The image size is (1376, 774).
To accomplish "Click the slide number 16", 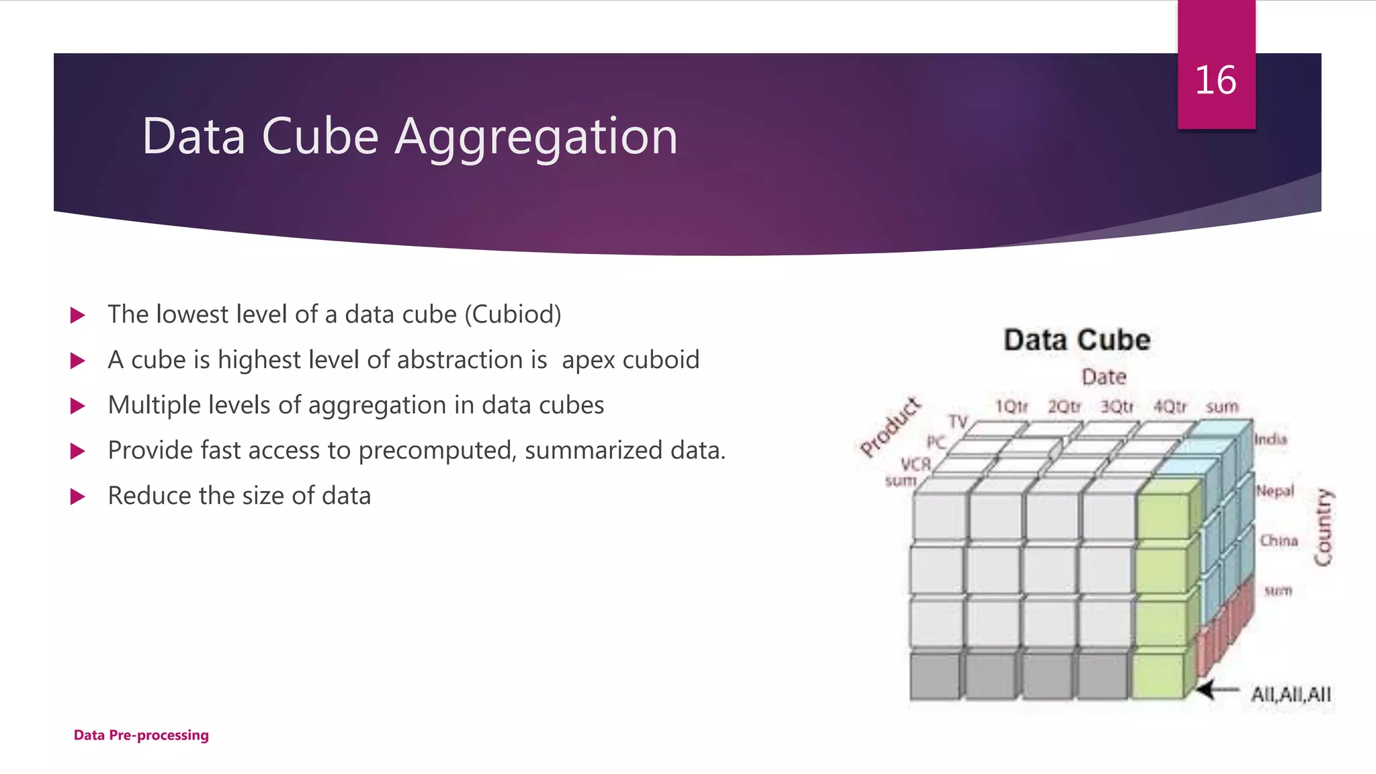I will [1215, 81].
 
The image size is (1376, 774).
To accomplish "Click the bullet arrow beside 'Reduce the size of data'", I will [78, 497].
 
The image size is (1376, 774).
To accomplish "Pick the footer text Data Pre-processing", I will [141, 735].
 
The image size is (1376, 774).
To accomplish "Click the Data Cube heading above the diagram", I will [1077, 340].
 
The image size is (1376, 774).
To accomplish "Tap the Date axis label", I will [1104, 377].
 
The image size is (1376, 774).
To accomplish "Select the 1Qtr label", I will [1011, 407].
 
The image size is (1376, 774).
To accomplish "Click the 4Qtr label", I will [1170, 407].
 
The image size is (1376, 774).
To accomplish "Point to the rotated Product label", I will [890, 427].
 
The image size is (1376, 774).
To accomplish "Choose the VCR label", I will [916, 464].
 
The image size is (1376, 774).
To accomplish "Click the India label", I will [1271, 439].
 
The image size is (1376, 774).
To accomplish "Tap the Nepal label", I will [1275, 491].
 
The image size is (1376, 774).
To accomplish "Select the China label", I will [1279, 541].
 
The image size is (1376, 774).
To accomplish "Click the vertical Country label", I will [1323, 527].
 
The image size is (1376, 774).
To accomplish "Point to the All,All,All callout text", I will [1291, 695].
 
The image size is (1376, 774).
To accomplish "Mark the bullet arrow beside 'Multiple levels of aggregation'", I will [78, 406].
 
